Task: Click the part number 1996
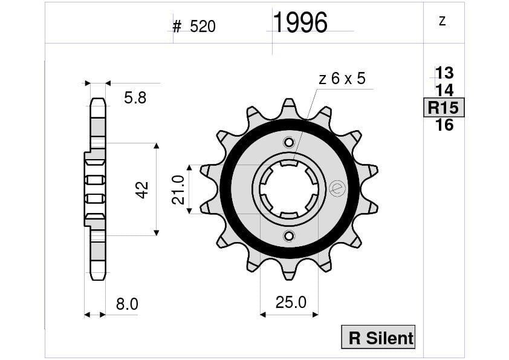click(x=300, y=23)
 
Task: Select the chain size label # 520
click(x=193, y=27)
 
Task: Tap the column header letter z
click(x=443, y=21)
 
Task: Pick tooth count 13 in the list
click(x=444, y=73)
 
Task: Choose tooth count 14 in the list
click(x=444, y=91)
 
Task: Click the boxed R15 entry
click(x=444, y=108)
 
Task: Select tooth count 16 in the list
click(x=444, y=125)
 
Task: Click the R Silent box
click(x=379, y=338)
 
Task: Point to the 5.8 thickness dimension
click(x=135, y=98)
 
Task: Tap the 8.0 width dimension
click(x=127, y=304)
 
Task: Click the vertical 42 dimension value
click(x=142, y=189)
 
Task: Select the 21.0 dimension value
click(x=178, y=189)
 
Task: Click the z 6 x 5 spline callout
click(x=342, y=79)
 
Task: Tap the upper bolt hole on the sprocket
click(x=289, y=143)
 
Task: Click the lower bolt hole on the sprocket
click(x=289, y=236)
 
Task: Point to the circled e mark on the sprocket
click(x=337, y=189)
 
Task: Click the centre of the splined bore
click(x=289, y=189)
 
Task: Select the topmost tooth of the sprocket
click(x=289, y=106)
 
